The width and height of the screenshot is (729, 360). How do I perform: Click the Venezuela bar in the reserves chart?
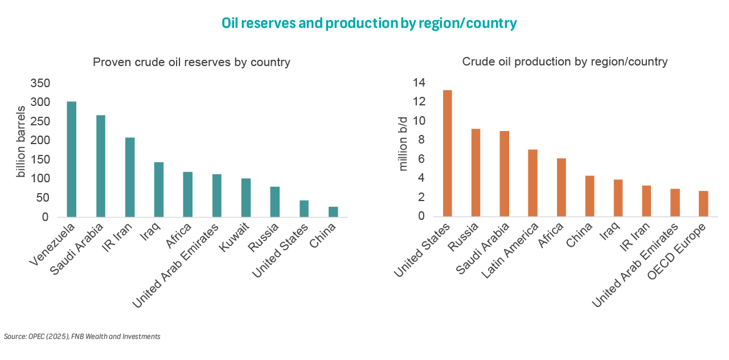[x=72, y=159]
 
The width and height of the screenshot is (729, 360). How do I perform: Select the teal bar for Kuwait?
[x=246, y=198]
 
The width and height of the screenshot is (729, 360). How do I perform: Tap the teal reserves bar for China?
[x=333, y=211]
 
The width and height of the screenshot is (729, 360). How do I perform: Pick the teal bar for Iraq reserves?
[x=159, y=190]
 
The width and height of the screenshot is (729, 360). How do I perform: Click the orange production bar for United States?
[x=447, y=153]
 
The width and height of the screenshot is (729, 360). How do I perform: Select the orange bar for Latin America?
[x=533, y=183]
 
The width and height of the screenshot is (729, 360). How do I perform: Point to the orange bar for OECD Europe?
[x=703, y=203]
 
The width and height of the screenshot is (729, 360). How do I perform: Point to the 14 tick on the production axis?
[x=419, y=83]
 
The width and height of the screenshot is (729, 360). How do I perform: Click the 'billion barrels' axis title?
[x=21, y=141]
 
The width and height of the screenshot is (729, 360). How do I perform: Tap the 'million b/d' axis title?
[x=403, y=144]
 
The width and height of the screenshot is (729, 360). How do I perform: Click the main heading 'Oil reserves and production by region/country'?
[x=369, y=23]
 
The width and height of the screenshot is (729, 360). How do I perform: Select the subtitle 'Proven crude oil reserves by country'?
[x=191, y=62]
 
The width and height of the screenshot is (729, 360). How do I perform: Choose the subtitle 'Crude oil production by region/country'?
[x=564, y=62]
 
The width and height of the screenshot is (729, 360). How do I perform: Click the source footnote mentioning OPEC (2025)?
[x=82, y=337]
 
